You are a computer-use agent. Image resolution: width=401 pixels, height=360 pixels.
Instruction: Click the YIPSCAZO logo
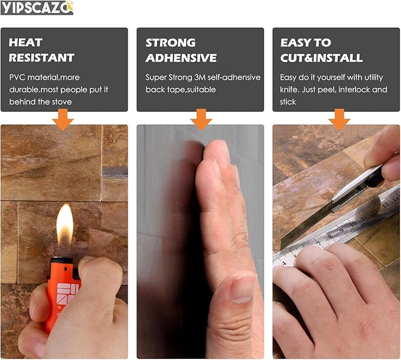coord(37,8)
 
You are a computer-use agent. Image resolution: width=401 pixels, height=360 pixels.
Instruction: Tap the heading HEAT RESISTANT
coord(41,50)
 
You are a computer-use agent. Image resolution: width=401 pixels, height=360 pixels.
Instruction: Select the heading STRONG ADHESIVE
coord(181,50)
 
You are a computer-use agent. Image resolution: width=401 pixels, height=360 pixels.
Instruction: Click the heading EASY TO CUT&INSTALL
coord(321,50)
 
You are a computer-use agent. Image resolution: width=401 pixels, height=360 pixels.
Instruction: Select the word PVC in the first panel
coord(18,77)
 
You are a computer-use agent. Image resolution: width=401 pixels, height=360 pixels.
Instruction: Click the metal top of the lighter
coord(61,261)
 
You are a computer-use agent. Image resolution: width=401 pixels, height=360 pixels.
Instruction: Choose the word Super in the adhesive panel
coord(157,77)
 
